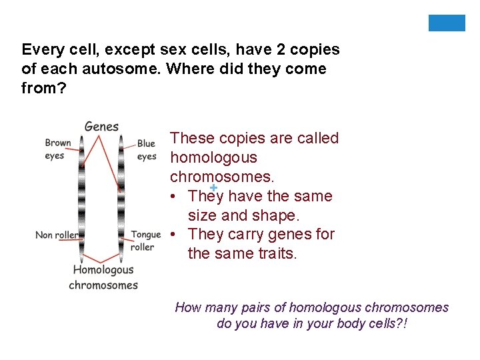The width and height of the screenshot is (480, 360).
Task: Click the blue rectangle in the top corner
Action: (447, 23)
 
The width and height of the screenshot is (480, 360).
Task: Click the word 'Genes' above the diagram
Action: (101, 126)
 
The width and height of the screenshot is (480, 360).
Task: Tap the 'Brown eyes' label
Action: (57, 149)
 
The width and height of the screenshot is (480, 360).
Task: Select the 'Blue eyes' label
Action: (146, 150)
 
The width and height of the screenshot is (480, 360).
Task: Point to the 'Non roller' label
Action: (57, 235)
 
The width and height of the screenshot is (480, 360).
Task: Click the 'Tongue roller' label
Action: (146, 240)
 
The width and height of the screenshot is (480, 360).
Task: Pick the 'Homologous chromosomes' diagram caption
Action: (103, 277)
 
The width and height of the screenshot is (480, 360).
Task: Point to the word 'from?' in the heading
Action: (44, 88)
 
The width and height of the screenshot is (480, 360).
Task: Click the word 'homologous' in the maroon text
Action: (213, 158)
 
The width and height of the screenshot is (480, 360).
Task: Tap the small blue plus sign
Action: (213, 187)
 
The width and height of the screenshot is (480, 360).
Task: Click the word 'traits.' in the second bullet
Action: (276, 253)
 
